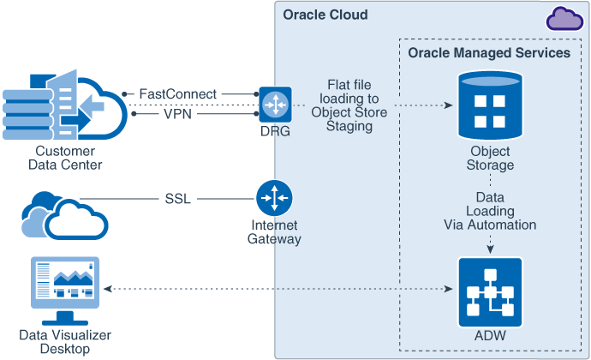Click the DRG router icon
click(275, 103)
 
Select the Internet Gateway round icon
click(274, 198)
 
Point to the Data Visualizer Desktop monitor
click(65, 284)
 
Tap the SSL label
click(178, 199)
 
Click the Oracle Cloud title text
click(325, 15)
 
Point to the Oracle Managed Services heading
click(489, 53)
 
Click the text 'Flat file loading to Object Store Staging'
click(349, 105)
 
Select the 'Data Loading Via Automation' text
click(490, 211)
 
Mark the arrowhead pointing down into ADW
click(490, 250)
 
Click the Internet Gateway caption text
click(274, 232)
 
